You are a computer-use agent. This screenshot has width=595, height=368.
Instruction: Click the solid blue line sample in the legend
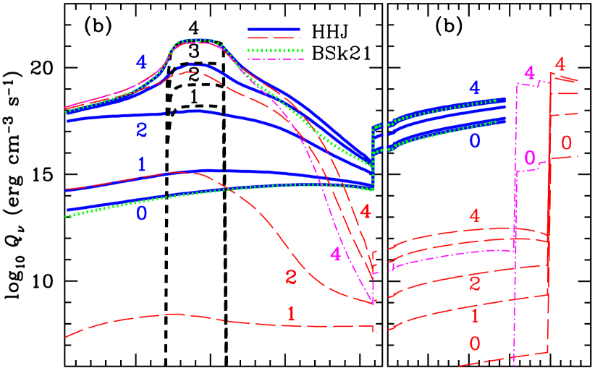[x=274, y=30]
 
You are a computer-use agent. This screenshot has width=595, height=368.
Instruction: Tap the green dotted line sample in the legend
[x=274, y=51]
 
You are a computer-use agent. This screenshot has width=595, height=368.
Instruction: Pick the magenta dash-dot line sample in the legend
[x=274, y=59]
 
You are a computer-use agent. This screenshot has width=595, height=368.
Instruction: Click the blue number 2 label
[x=142, y=129]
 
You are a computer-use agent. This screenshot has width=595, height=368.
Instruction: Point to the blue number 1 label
[x=142, y=164]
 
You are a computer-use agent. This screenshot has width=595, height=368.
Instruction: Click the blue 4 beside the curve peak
[x=142, y=63]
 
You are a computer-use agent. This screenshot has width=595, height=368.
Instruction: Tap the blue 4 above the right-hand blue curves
[x=474, y=89]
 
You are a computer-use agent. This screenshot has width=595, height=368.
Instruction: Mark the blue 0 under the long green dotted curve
[x=142, y=213]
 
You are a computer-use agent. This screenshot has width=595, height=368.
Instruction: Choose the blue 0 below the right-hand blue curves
[x=474, y=141]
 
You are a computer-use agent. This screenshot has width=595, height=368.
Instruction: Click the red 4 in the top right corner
[x=560, y=64]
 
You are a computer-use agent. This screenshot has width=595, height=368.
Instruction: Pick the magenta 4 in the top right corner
[x=530, y=73]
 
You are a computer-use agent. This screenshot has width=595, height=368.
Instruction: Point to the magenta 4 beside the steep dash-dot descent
[x=335, y=254]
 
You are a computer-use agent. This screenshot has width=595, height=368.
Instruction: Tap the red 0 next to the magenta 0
[x=567, y=142]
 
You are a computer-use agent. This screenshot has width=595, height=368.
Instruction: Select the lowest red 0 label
[x=475, y=343]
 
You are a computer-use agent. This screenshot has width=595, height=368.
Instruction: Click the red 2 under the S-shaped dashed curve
[x=291, y=276]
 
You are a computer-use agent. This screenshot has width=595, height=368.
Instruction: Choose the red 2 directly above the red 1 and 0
[x=475, y=283]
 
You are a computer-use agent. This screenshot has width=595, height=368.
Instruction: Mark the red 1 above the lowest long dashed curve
[x=291, y=314]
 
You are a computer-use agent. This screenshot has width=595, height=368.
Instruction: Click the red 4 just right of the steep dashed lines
[x=366, y=212]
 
